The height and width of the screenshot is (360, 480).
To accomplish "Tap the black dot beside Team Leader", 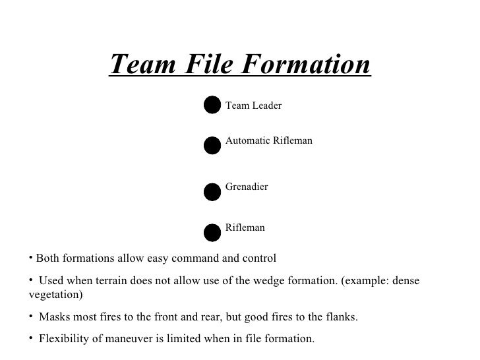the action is [212, 104].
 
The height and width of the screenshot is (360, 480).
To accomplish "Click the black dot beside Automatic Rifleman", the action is [212, 145].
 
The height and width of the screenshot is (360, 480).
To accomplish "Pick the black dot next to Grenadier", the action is [212, 191].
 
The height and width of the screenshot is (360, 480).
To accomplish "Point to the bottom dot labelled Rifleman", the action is [212, 232].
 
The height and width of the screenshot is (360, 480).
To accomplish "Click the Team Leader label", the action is [253, 105].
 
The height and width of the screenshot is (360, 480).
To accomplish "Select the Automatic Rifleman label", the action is [268, 140].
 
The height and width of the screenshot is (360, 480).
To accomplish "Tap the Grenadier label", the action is [247, 187].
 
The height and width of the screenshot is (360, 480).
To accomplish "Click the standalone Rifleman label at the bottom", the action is [245, 227].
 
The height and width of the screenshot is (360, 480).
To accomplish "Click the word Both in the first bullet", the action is [47, 257].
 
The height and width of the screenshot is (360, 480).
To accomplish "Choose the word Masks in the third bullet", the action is [53, 317].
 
